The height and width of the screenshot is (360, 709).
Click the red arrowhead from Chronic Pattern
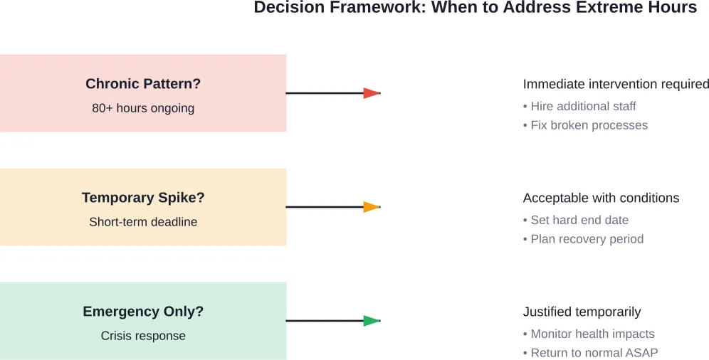tap(372, 93)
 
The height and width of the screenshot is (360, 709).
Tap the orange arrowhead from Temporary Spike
tap(372, 207)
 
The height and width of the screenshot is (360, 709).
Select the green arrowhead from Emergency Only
tap(372, 321)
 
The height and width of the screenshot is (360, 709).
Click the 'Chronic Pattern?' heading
tap(143, 83)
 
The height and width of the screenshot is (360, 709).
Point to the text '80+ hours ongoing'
tap(143, 108)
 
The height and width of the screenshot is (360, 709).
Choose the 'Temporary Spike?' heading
tap(143, 197)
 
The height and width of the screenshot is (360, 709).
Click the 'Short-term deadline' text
tap(143, 222)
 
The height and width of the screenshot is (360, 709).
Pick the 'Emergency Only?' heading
tap(143, 311)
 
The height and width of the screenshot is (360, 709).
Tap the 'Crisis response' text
tap(143, 336)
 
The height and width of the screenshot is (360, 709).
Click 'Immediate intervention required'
tap(616, 84)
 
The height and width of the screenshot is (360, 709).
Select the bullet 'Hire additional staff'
tap(583, 106)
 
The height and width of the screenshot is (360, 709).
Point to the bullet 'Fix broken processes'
tap(589, 125)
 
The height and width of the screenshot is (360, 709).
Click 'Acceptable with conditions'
tap(601, 198)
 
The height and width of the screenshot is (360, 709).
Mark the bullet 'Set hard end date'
tap(579, 220)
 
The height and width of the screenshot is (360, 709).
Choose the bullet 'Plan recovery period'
tap(587, 239)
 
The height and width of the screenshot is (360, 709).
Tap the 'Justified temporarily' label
tap(582, 312)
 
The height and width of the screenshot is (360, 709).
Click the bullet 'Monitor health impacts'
tap(592, 334)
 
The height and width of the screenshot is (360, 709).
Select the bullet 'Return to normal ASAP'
tap(594, 353)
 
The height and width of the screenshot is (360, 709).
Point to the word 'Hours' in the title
tap(672, 8)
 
